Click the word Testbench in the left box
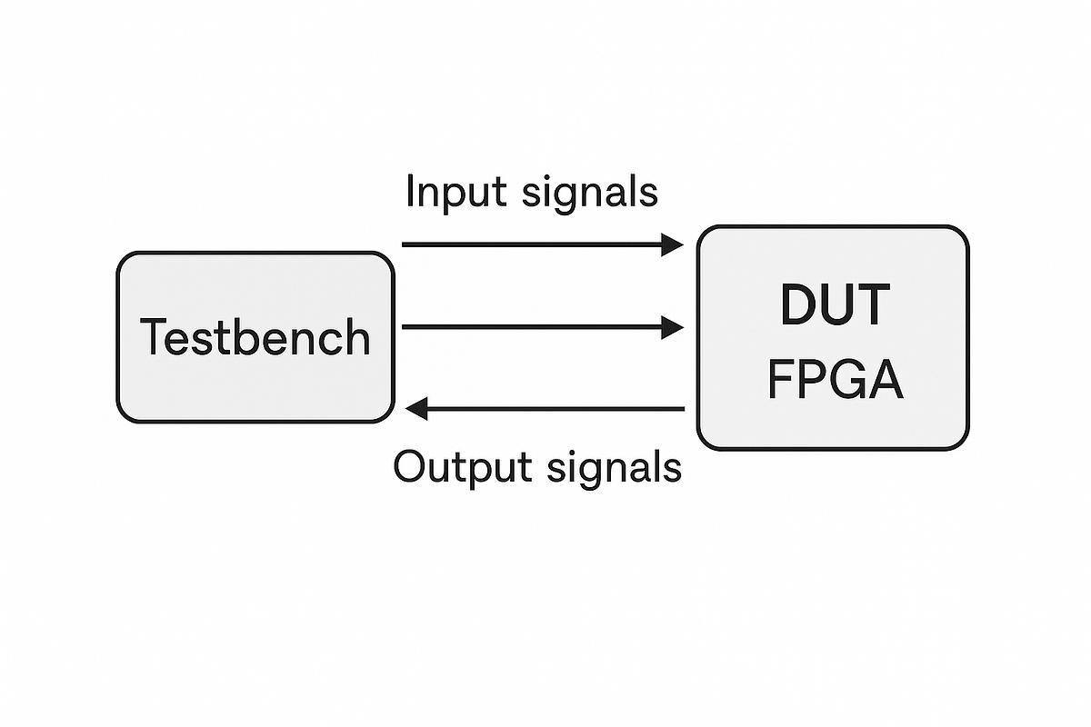[255, 338]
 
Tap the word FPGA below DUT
[835, 380]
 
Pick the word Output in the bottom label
[462, 467]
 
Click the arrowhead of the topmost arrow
[672, 244]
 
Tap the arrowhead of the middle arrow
[672, 327]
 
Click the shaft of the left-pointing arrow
[555, 410]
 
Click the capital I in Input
[410, 193]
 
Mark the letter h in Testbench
[357, 338]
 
